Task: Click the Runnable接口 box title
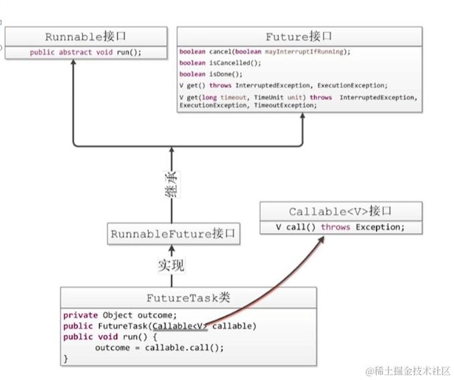click(85, 37)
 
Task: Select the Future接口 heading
click(299, 37)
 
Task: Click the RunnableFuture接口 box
click(174, 234)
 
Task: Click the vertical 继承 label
click(171, 183)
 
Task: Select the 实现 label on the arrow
click(171, 265)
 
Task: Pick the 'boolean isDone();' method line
click(210, 74)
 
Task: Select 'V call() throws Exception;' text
click(340, 227)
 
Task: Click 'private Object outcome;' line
click(120, 315)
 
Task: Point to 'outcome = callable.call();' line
click(159, 348)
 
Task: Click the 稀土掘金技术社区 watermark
click(407, 371)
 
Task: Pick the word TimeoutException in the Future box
click(284, 105)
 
